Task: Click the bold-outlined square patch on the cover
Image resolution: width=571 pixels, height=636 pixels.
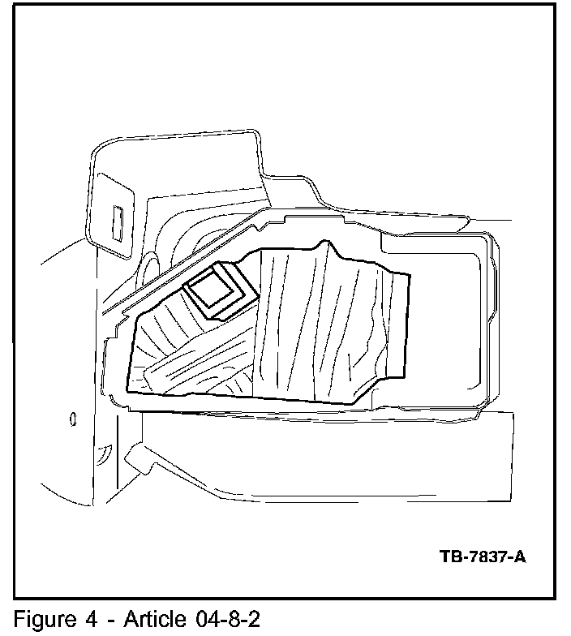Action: [217, 290]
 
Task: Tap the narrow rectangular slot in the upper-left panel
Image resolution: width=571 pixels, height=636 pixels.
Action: [118, 222]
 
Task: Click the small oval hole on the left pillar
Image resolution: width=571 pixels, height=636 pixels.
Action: [74, 419]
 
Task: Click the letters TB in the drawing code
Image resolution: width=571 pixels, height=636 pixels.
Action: [450, 557]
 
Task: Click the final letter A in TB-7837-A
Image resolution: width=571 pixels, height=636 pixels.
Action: [519, 557]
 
